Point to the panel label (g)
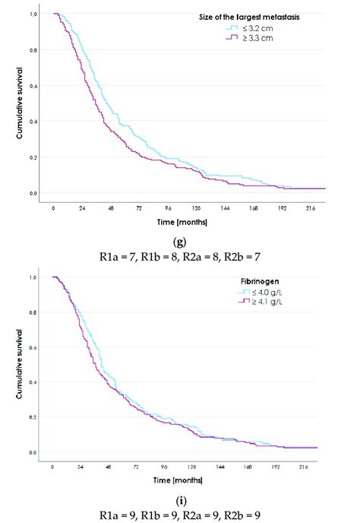[179, 242]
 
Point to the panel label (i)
[179, 502]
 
